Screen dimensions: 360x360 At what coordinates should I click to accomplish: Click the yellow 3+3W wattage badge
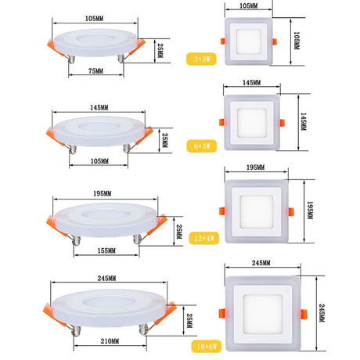coord(201,59)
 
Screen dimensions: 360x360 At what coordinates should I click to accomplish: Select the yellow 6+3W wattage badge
coord(202,146)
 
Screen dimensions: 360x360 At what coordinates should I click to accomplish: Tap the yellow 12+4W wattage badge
coord(204,238)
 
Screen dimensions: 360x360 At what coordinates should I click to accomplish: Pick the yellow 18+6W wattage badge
coord(207,347)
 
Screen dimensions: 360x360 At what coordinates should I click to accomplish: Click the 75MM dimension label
coord(95,71)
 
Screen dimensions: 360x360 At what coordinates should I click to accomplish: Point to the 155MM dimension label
coord(106,250)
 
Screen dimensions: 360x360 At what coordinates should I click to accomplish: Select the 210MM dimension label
coord(110,341)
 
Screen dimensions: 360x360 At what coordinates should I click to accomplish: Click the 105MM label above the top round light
coord(94,19)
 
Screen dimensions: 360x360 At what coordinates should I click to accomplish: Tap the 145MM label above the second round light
coord(99,107)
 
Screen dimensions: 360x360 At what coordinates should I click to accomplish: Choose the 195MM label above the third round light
coord(103,193)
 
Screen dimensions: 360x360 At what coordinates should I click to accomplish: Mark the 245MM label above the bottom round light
coord(106,279)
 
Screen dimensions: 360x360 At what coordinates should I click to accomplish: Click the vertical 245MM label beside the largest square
coord(322,313)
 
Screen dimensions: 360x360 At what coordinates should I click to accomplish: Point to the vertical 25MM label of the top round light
coord(160,50)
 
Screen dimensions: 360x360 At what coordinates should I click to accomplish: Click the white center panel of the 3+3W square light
coord(248,41)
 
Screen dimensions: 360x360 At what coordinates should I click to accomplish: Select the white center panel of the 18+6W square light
coord(263,315)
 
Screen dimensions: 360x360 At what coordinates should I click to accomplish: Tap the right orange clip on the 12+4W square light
coord(291,211)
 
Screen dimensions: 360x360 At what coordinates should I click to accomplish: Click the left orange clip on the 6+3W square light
coord(221,122)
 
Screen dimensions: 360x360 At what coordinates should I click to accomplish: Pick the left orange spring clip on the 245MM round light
coord(54,315)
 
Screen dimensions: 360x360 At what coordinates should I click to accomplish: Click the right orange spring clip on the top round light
coord(138,47)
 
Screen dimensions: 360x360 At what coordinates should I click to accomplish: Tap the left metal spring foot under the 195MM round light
coord(76,240)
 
